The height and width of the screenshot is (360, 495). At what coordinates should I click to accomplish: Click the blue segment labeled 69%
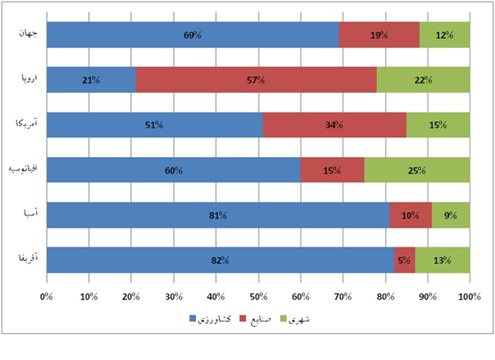[x=193, y=35]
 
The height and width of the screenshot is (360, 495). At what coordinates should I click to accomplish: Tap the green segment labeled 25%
[x=416, y=170]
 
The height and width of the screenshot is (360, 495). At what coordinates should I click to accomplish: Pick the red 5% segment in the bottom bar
[x=404, y=260]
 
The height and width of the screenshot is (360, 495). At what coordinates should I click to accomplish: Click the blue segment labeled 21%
[x=90, y=80]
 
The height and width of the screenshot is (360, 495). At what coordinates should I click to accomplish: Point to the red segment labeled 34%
[x=334, y=124]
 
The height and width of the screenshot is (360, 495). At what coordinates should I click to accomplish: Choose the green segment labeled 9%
[x=450, y=215]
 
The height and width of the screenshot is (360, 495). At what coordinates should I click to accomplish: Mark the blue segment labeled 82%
[x=220, y=260]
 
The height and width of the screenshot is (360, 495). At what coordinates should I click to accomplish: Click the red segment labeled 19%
[x=379, y=35]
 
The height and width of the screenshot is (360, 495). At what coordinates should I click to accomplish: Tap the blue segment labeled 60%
[x=174, y=170]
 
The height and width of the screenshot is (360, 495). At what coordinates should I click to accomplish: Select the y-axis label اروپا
[x=26, y=79]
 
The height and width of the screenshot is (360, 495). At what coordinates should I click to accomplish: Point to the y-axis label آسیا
[x=27, y=214]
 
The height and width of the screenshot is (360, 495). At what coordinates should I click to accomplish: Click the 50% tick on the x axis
[x=258, y=297]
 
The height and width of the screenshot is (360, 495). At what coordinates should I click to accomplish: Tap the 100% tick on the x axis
[x=470, y=297]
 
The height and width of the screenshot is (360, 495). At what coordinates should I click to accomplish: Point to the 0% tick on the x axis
[x=47, y=297]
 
